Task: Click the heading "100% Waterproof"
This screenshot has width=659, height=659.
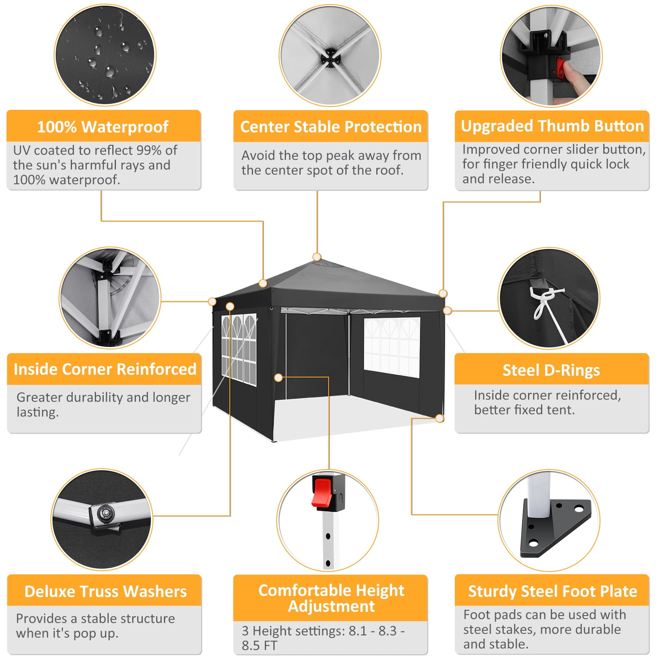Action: click(x=103, y=127)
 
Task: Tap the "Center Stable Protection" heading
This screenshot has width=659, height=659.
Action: click(x=331, y=127)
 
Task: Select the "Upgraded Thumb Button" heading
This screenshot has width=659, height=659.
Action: click(x=552, y=126)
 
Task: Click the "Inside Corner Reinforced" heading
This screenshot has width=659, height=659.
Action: click(x=105, y=369)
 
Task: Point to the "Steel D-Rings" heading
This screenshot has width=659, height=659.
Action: click(x=551, y=370)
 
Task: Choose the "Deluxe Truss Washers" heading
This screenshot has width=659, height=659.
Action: click(x=105, y=591)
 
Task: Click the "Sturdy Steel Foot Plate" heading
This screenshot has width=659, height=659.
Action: click(x=552, y=591)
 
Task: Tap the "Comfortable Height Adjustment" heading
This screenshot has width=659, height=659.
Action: click(x=331, y=598)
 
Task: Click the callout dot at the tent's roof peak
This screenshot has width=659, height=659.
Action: click(x=317, y=257)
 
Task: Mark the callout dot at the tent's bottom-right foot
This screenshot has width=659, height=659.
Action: click(x=440, y=418)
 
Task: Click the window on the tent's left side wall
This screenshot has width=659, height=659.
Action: click(x=239, y=349)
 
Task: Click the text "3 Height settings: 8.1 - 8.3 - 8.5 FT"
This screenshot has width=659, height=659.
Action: click(x=323, y=638)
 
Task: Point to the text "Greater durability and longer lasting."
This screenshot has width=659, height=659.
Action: click(x=103, y=404)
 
